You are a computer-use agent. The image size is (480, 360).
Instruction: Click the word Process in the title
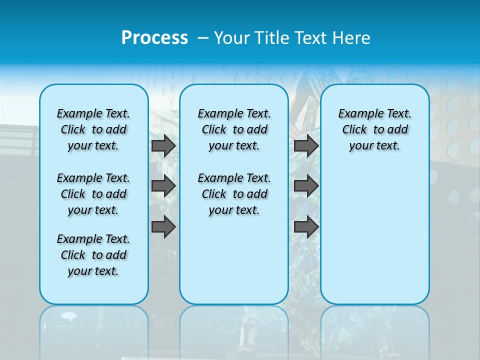pos(154,37)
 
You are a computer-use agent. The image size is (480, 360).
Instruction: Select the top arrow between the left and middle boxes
pos(163,146)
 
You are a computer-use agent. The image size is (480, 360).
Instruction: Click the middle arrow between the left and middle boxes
pos(163,186)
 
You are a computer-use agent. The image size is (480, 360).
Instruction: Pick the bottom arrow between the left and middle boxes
pos(163,227)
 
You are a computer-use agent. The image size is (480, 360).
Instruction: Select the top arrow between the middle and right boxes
pos(306,146)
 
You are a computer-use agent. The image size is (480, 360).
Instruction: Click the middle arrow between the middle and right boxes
pos(306,186)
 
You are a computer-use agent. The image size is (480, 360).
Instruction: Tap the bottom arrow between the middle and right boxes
pos(306,227)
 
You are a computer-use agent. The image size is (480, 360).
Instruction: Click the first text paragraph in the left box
pos(93,129)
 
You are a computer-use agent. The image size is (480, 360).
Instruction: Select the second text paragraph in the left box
pos(93,194)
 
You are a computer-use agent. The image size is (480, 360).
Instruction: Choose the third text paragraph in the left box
pos(93,255)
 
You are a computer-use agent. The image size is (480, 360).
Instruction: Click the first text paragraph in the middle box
pos(234,129)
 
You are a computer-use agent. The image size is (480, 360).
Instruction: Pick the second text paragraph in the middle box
pos(234,194)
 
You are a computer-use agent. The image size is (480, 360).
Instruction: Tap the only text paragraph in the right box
pos(375,129)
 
